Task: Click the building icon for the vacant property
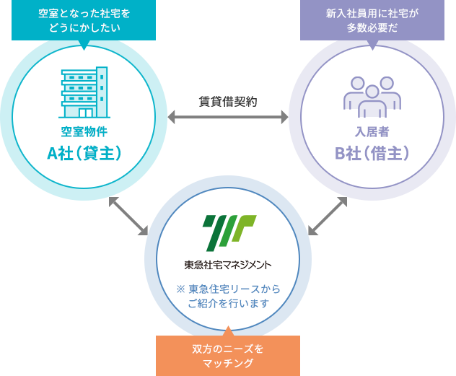pos(84,92)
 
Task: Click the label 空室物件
pos(84,132)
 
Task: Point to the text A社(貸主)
pos(84,153)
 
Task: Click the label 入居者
pos(372,132)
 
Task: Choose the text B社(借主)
pos(372,153)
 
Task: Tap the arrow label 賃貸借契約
pos(227,101)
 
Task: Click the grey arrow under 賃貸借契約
pos(227,117)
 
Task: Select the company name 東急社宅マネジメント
pos(228,264)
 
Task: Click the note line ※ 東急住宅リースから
pos(228,289)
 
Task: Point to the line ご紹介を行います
pos(228,304)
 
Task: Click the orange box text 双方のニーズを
pos(227,349)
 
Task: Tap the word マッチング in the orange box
pos(227,363)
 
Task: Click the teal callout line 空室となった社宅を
pos(84,13)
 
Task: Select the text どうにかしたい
pos(84,28)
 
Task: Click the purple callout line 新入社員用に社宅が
pos(372,13)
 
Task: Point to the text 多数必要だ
pos(372,28)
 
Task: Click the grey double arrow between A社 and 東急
pos(128,216)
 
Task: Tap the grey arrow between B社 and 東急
pos(328,216)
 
